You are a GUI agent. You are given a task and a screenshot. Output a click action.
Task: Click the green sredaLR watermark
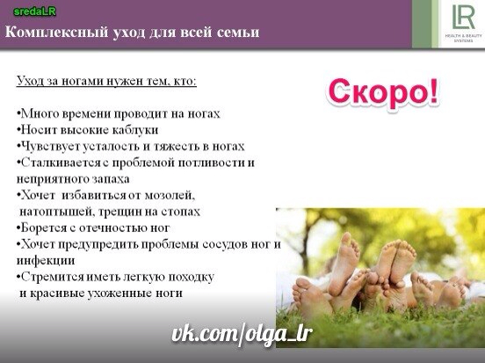pos(34,11)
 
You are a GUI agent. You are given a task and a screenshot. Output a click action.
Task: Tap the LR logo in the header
pos(463,18)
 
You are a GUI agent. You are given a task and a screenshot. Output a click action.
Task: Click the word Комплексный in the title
pos(57,33)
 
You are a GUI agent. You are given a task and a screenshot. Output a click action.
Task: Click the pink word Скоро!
pos(383,92)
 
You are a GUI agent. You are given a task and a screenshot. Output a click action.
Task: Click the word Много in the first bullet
pos(40,113)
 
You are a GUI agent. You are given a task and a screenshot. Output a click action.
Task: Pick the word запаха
pos(111,179)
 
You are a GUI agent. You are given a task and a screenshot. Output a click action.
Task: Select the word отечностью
pos(113,229)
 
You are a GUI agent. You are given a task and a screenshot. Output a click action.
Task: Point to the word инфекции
pos(46,261)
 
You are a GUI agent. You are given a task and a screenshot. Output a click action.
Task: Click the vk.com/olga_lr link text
pos(242,334)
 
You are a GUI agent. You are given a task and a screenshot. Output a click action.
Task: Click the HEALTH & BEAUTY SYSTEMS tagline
pos(463,38)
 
